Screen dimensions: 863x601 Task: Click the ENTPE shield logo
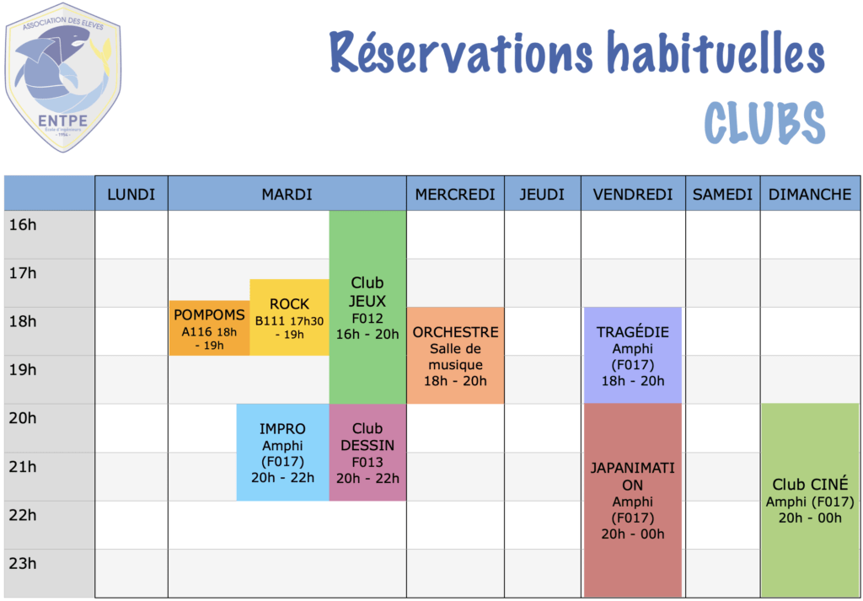coord(62,78)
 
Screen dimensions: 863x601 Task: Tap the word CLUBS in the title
coord(764,124)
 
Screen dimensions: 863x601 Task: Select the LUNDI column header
coord(131,194)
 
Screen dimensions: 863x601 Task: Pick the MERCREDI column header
coord(455,194)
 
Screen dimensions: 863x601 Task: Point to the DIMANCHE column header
coord(810,194)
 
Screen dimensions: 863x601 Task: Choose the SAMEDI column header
coord(722,194)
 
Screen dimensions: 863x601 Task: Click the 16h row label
coord(23,224)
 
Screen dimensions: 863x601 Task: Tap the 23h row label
coord(23,564)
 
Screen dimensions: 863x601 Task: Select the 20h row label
coord(23,418)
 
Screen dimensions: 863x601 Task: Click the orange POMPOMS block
coord(209,328)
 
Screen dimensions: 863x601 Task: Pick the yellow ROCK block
coord(290,318)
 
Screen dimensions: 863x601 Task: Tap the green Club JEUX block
coord(367,308)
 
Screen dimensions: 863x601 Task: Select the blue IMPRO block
coord(283,453)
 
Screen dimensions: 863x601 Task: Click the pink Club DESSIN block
coord(367,453)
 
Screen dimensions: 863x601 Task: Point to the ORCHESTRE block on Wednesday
coord(455,356)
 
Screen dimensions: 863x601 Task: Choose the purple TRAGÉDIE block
coord(633,356)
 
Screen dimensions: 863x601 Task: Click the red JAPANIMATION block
coord(633,501)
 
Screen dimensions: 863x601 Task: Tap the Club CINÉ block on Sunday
coord(810,501)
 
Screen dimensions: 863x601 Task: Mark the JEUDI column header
coord(543,194)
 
